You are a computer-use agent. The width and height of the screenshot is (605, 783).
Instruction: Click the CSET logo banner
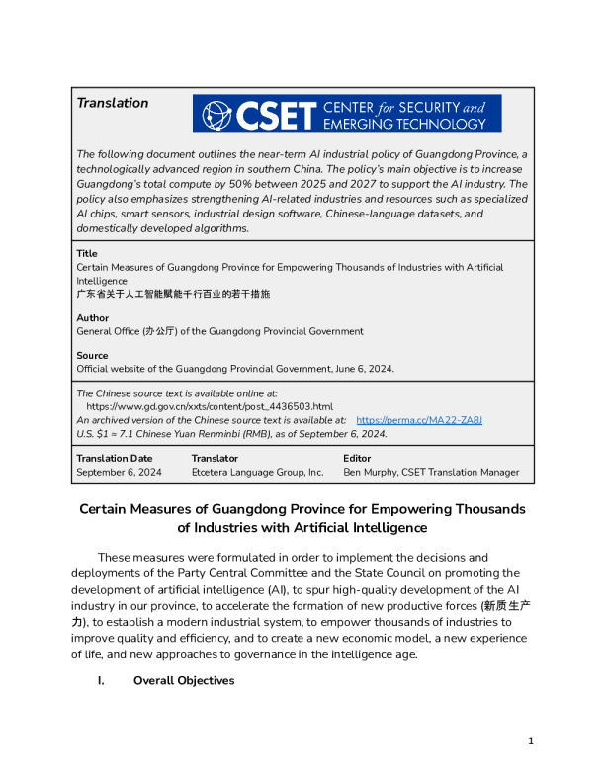347,114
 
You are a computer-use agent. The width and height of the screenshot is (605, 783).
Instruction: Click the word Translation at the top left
113,103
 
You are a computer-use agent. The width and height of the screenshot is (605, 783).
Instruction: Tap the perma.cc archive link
419,420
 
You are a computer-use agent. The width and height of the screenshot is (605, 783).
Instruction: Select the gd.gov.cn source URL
210,406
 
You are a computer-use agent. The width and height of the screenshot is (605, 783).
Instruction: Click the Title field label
87,254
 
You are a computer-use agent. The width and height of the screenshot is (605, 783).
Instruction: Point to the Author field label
93,318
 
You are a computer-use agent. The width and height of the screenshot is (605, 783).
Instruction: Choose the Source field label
92,355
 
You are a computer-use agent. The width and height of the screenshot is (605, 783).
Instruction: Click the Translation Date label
115,458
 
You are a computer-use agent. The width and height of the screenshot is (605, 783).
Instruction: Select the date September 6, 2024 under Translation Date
119,473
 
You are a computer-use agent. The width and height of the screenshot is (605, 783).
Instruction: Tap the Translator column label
215,458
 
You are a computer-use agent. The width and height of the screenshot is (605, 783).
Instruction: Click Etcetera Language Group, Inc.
257,473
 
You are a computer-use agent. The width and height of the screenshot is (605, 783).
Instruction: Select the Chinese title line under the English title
173,295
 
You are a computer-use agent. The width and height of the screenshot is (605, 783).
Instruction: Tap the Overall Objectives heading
184,680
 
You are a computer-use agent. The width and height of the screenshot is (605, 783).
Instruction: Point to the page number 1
531,740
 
